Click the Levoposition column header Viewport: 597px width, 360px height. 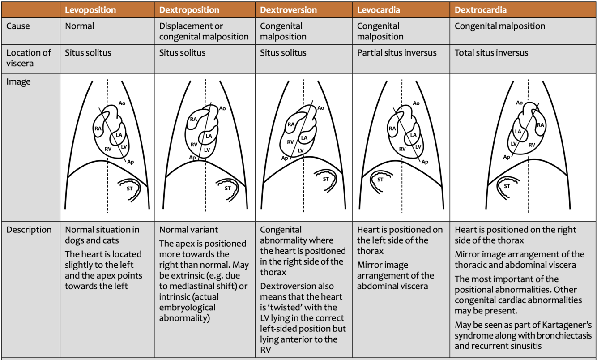[90, 9]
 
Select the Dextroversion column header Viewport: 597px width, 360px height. [288, 9]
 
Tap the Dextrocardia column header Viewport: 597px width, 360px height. [481, 9]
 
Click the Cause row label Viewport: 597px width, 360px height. [18, 26]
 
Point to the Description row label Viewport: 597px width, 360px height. [29, 230]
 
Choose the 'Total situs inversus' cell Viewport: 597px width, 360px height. [491, 53]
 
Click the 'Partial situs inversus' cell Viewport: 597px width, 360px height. [397, 53]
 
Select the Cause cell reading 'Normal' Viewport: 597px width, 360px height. [80, 26]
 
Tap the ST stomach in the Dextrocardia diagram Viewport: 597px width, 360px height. [507, 185]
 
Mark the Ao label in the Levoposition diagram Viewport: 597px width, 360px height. [122, 103]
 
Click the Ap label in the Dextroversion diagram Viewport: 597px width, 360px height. [285, 158]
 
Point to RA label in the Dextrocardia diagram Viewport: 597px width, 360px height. [540, 125]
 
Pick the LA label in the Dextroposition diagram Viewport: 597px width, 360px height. [209, 136]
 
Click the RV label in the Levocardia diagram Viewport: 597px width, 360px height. [402, 149]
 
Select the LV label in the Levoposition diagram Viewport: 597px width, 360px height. [124, 146]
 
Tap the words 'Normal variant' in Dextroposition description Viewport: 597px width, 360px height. [188, 230]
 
